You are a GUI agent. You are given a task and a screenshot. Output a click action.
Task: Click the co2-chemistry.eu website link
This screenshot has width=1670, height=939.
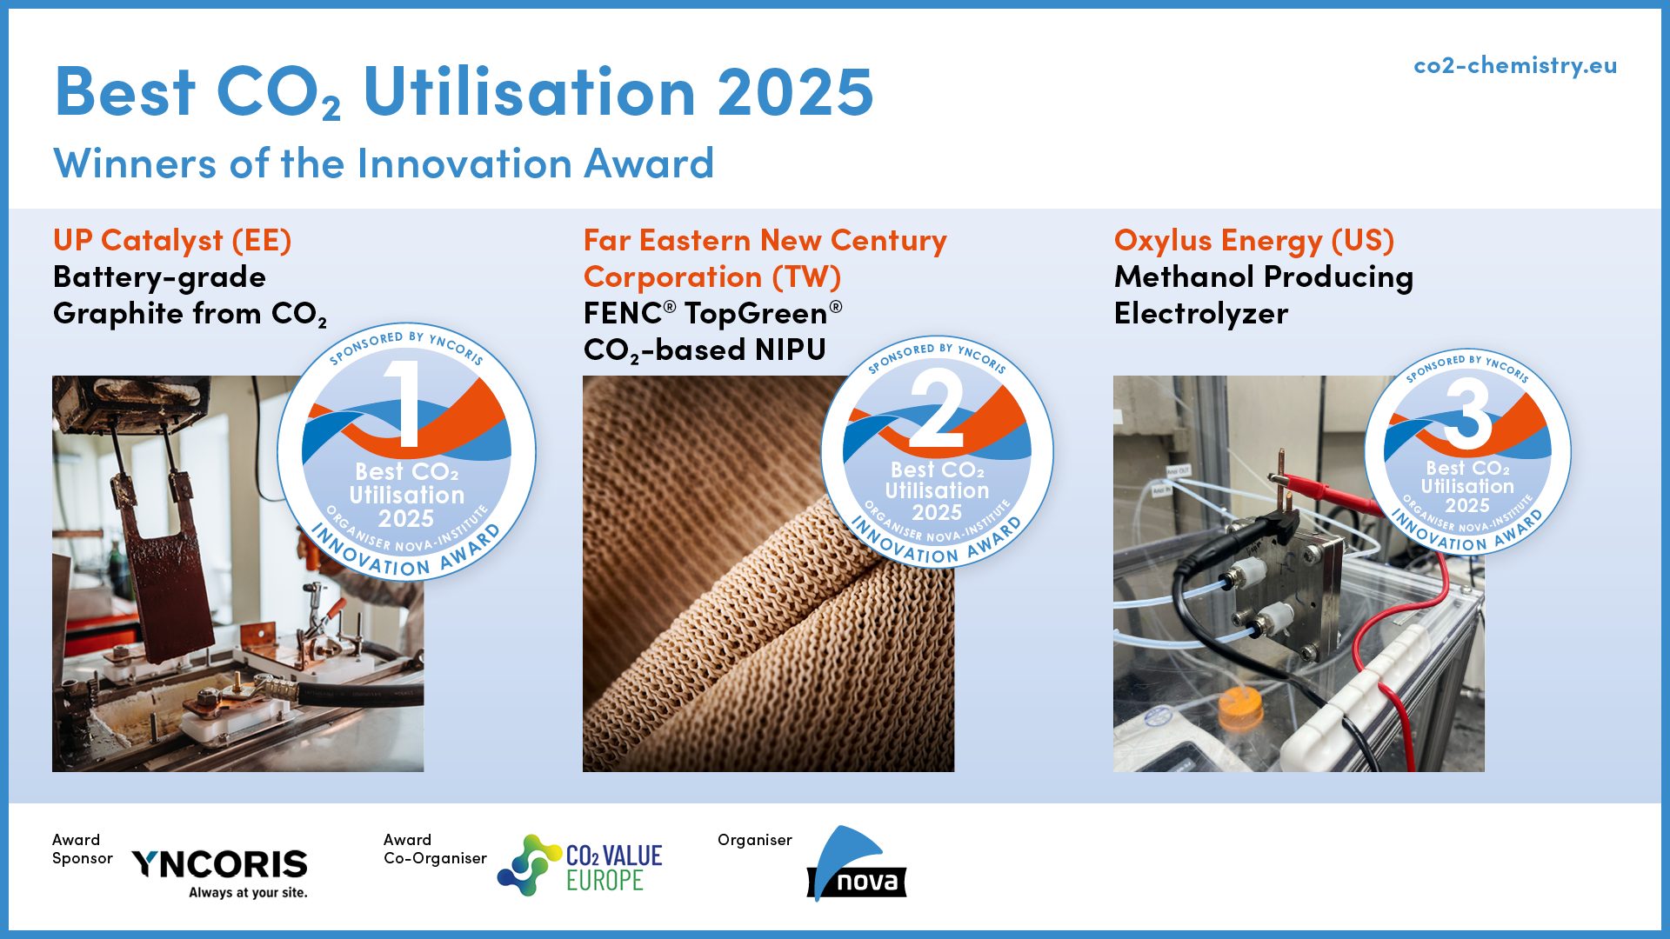point(1515,66)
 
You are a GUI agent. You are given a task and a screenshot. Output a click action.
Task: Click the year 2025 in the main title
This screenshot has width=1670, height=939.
point(795,91)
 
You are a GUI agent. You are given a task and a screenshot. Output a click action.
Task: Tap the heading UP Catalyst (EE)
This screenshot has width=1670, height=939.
point(172,240)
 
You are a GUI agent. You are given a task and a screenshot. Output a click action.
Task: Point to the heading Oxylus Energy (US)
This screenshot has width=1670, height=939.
point(1254,241)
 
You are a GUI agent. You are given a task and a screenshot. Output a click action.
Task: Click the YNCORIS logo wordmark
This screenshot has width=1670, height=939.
point(219,864)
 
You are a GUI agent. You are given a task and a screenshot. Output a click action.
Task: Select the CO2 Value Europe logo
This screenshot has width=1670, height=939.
point(580,865)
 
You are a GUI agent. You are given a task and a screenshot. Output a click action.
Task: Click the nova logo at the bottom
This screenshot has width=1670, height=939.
point(857,864)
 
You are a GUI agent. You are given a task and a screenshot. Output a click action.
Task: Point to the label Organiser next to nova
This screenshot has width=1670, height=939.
point(755,840)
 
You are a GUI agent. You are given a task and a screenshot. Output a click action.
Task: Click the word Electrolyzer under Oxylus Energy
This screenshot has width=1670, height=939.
point(1201,314)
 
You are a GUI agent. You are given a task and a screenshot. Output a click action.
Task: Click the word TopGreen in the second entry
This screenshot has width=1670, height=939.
point(756,314)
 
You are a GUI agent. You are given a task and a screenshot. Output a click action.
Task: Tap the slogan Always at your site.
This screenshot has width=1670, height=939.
point(249,893)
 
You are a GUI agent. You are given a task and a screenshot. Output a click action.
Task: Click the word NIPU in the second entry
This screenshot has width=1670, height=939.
point(791,350)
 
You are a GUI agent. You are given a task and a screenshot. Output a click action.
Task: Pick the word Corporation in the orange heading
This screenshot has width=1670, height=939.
point(673,277)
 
